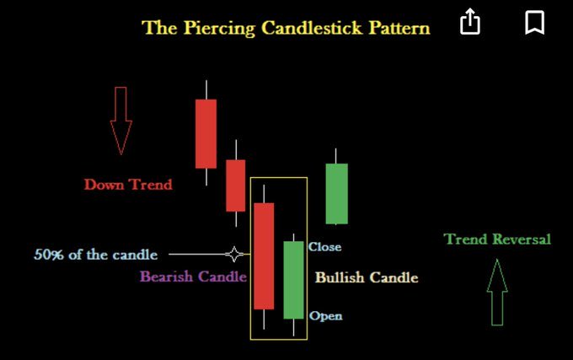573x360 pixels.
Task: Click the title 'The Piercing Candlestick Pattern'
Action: [x=286, y=27]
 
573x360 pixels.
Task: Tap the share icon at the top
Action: [x=470, y=23]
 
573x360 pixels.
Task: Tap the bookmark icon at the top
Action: [x=534, y=23]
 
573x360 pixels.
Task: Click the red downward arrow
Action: [x=120, y=120]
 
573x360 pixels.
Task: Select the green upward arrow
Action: [x=497, y=293]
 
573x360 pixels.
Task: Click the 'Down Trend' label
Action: [x=128, y=184]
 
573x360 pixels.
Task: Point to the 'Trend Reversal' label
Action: [x=497, y=239]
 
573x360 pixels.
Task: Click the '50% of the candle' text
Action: [x=95, y=255]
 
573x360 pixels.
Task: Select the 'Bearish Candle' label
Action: [x=193, y=277]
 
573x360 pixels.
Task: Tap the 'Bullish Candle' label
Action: [x=367, y=277]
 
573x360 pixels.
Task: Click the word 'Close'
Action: [x=325, y=247]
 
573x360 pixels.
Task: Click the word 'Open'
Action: [x=325, y=316]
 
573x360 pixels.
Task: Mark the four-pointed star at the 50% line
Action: [x=235, y=254]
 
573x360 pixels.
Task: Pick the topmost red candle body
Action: [x=206, y=133]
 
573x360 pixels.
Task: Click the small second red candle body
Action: [x=235, y=185]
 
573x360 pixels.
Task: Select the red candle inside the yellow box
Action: [x=264, y=255]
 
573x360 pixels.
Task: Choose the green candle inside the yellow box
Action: [x=293, y=279]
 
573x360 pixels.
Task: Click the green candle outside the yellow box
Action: [x=336, y=193]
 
